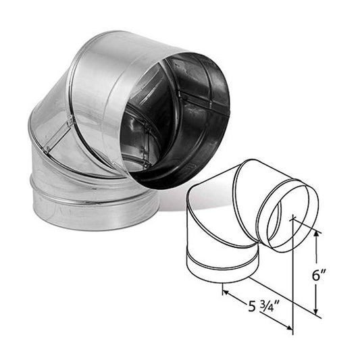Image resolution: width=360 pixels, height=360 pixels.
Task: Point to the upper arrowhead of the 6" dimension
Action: coord(316,233)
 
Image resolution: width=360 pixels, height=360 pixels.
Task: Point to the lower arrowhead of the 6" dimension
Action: coord(316,311)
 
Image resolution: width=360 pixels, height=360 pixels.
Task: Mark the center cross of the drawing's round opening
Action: coord(292,217)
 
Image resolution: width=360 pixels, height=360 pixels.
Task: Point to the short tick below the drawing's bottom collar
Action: coord(222,288)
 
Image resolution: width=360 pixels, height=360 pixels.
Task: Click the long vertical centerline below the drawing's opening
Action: coord(292,284)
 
